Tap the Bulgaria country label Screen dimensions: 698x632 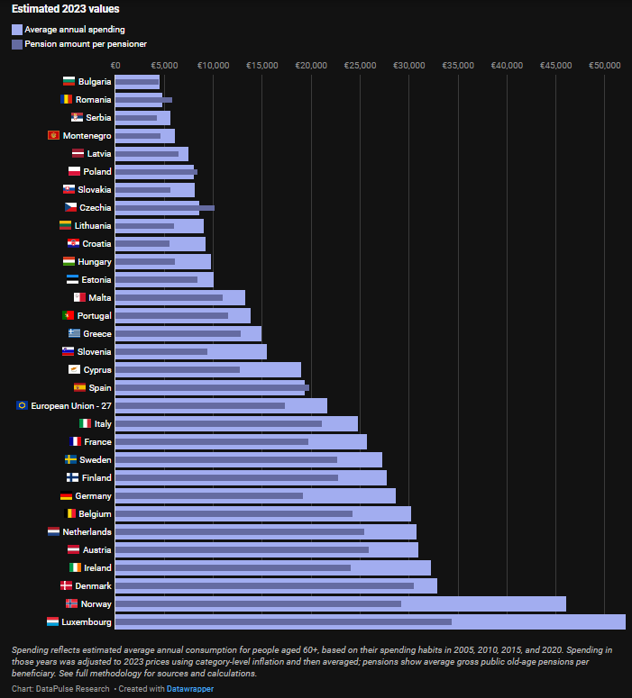[x=95, y=82]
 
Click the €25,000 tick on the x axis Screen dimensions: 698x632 [x=360, y=66]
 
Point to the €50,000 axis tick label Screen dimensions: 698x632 [x=604, y=66]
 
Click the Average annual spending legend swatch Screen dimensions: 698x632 [x=17, y=30]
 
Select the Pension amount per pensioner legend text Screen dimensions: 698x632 [x=86, y=43]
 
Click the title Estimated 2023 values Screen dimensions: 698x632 [x=65, y=9]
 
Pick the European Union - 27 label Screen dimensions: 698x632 [x=71, y=406]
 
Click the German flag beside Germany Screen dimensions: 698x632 [x=66, y=496]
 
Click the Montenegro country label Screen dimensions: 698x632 [x=87, y=136]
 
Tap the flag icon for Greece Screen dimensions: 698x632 [x=74, y=333]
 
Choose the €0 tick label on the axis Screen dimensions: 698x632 [x=114, y=66]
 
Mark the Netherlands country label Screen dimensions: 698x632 [x=87, y=532]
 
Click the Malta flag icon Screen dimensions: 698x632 [x=79, y=297]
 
